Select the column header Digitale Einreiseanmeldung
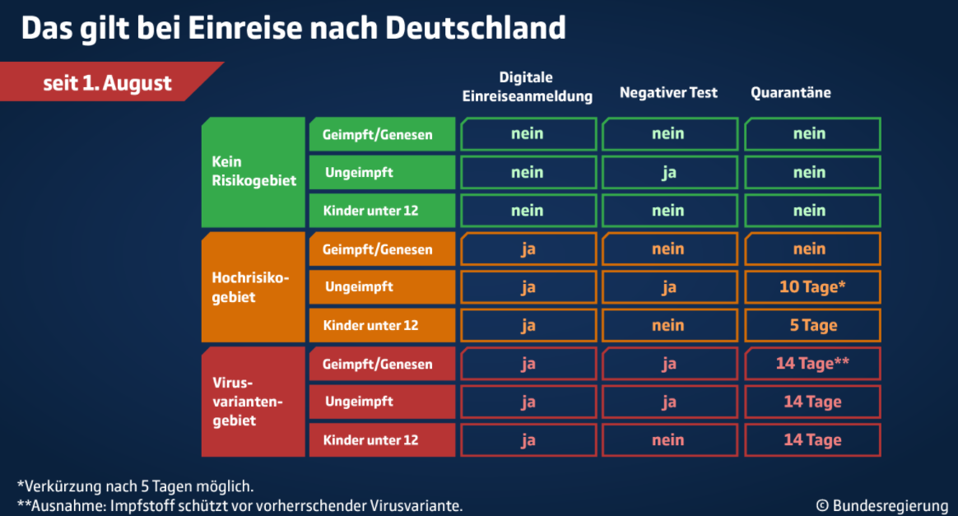point(527,86)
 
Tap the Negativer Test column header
point(668,93)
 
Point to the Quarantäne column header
point(791,93)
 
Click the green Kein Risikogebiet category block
point(253,172)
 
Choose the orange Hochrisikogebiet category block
point(253,287)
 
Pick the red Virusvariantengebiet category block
point(253,402)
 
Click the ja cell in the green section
point(670,172)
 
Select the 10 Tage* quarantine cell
point(812,287)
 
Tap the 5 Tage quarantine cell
point(812,325)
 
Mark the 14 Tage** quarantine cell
point(812,364)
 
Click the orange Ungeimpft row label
point(383,287)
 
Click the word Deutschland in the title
point(476,28)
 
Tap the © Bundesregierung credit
point(882,505)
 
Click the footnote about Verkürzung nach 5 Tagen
point(135,486)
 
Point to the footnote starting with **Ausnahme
point(240,506)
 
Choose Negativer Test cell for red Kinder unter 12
point(670,440)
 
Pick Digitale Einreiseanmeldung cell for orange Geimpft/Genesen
point(528,249)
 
